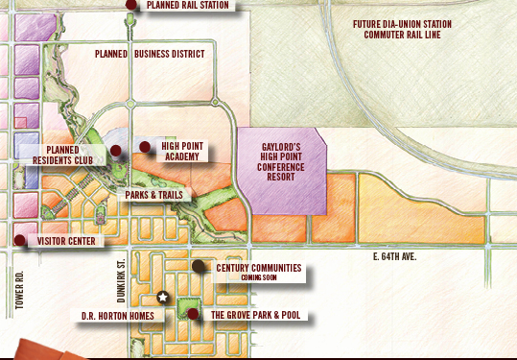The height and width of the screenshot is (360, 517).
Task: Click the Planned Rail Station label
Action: pos(189,5)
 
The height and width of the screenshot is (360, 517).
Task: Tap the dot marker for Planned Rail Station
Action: pos(131,4)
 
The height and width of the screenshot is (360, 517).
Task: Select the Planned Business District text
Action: pos(150,54)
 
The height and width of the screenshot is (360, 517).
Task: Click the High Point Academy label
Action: pos(180,152)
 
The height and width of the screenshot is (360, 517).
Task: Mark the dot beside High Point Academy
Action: pos(145,147)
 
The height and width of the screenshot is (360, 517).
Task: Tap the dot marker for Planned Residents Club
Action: pos(115,151)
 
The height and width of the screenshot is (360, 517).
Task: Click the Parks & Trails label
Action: pos(154,195)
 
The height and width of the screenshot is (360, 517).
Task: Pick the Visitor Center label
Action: pos(66,241)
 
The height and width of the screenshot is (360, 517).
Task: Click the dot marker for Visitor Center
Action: pos(19,240)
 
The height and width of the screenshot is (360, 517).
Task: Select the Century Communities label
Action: pos(258,270)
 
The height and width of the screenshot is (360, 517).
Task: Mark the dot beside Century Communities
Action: pos(199,266)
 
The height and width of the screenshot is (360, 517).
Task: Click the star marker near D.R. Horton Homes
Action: pos(163,298)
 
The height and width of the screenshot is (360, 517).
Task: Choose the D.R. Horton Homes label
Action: pos(114,315)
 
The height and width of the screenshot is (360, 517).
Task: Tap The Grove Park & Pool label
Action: pos(255,315)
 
